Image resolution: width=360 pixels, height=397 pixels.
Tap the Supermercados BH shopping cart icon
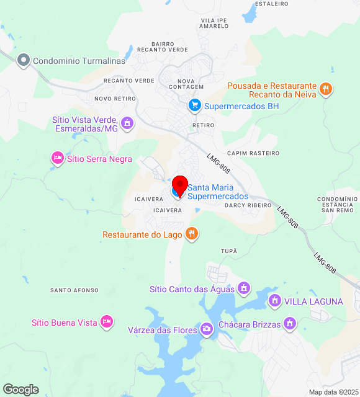tap(194, 106)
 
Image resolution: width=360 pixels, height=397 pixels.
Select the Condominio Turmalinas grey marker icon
tap(24, 60)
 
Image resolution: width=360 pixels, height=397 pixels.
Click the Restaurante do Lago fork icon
tap(192, 234)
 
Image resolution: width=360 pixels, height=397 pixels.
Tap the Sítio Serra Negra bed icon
tap(57, 159)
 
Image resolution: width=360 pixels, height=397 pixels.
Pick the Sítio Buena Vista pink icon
tap(107, 322)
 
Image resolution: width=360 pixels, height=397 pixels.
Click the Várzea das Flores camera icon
tap(206, 329)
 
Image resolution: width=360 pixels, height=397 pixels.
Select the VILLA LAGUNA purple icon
tap(274, 301)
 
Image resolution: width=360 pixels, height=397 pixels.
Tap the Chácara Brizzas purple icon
tap(289, 323)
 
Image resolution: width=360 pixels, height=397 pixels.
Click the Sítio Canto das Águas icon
tap(244, 288)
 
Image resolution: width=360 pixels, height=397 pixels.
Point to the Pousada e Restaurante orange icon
tap(326, 90)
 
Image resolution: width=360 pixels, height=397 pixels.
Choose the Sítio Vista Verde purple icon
tap(127, 123)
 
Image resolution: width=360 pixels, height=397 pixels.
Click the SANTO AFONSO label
tap(74, 290)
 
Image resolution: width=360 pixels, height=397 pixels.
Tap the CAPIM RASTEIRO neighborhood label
tap(253, 153)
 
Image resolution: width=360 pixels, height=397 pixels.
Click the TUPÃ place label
tap(229, 251)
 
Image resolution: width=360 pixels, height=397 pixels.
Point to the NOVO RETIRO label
tap(115, 99)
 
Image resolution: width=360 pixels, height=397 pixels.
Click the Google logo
tap(20, 390)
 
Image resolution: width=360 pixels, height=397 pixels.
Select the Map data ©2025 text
tap(333, 392)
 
